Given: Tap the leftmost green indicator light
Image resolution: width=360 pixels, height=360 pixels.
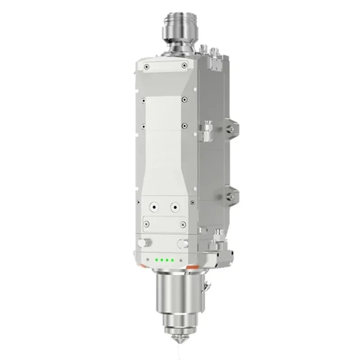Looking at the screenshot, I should coord(156,260).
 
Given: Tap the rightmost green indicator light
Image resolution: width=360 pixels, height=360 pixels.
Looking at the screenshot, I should coord(172,260).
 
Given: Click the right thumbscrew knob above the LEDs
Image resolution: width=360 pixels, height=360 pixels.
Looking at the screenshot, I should coord(182,243).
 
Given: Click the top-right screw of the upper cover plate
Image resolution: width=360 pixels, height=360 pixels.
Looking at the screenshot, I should coord(184,67).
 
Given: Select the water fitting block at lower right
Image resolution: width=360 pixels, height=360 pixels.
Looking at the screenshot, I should coord(219,247).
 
